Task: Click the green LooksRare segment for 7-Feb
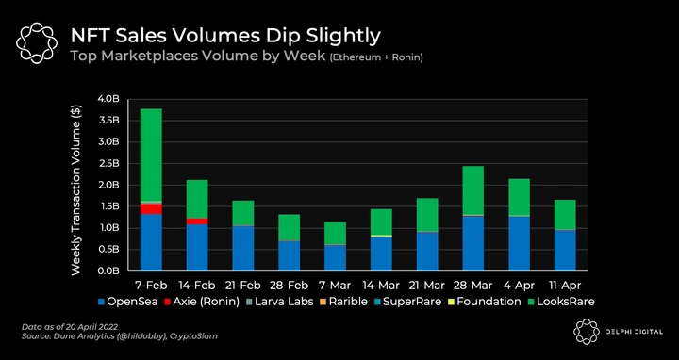coord(151,155)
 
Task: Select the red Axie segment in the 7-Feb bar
coord(151,209)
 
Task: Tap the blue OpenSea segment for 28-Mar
coord(473,243)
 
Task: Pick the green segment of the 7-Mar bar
coord(335,233)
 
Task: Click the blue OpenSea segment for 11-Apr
coord(565,251)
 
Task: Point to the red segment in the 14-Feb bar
coord(197,221)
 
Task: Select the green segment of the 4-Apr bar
coord(520,197)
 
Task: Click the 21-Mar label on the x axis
coord(427,286)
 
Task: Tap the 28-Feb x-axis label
coord(290,286)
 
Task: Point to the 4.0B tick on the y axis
coord(108,99)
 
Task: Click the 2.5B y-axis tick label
coord(108,163)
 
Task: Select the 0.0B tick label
coord(108,270)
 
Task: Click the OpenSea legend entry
coord(127,302)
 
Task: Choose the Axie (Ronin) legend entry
coord(202,302)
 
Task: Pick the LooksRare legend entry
coord(561,302)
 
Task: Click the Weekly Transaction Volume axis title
coord(76,189)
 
